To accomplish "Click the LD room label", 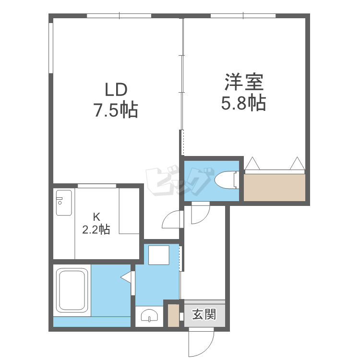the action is pos(116,90).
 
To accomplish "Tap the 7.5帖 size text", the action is pos(116,110).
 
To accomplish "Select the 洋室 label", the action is pos(244,82).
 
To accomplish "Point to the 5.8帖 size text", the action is pos(243,103).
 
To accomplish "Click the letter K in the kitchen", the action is pos(96,216).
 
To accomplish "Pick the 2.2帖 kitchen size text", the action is pos(96,229).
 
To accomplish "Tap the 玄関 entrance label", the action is pos(204,314).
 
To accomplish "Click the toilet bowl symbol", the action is pos(227,180).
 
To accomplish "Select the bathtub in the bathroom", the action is pos(72,290).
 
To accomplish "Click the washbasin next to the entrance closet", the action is pos(149,315).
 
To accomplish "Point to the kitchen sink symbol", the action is pos(64,203).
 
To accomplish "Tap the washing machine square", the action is pos(159,255).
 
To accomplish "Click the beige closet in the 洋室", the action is pos(275,187).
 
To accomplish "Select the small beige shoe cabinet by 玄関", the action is pos(173,315).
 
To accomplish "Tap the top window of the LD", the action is pos(119,16).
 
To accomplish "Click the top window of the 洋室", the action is pos(243,16).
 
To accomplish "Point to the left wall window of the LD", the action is pos(51,48).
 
